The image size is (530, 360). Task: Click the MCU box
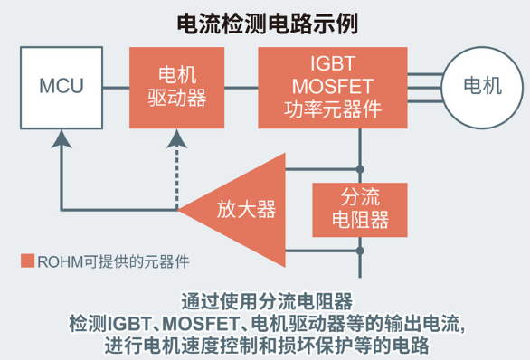pyautogui.click(x=61, y=87)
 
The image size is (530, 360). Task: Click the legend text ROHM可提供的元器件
pyautogui.click(x=106, y=261)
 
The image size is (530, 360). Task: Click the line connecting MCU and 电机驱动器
pyautogui.click(x=116, y=87)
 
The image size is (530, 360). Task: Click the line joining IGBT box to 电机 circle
pyautogui.click(x=421, y=87)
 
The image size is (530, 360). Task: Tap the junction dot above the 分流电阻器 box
pyautogui.click(x=361, y=169)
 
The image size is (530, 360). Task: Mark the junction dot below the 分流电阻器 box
pyautogui.click(x=361, y=251)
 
